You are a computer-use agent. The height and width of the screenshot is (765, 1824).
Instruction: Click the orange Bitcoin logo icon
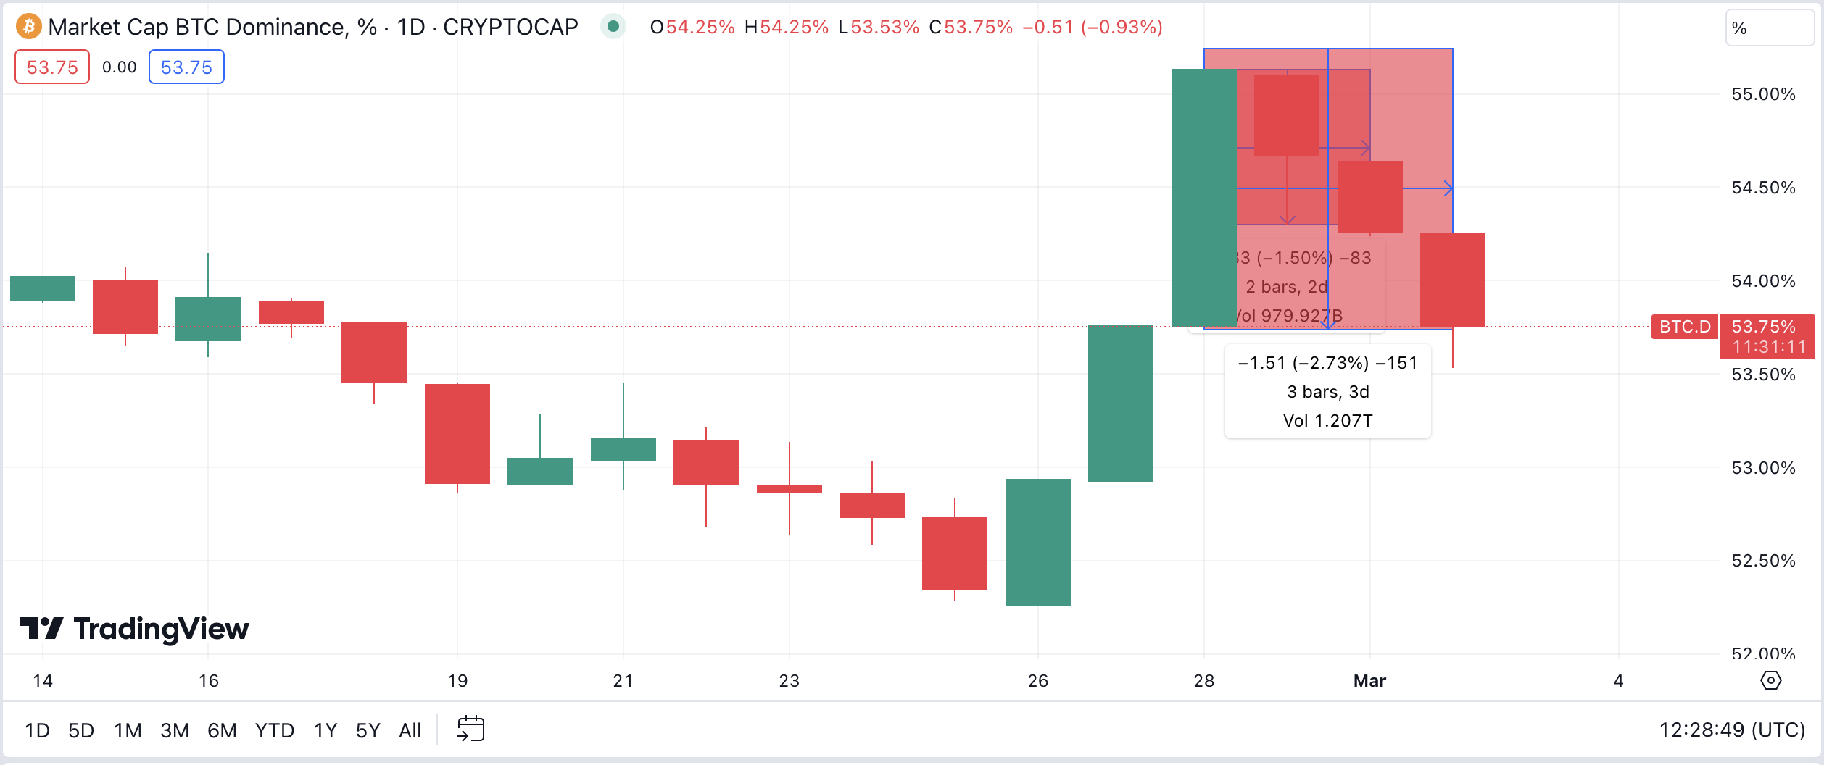pyautogui.click(x=28, y=27)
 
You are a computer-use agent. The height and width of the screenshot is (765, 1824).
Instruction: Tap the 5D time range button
pyautogui.click(x=81, y=730)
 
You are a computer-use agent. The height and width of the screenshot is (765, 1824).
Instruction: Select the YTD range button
pyautogui.click(x=274, y=730)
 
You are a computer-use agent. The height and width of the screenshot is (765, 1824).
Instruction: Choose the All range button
pyautogui.click(x=410, y=730)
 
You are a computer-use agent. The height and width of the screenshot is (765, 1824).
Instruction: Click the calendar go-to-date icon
pyautogui.click(x=470, y=729)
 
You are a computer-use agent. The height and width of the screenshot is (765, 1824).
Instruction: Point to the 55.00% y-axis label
pyautogui.click(x=1763, y=94)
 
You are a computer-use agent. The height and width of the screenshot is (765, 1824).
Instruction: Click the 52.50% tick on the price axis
pyautogui.click(x=1763, y=561)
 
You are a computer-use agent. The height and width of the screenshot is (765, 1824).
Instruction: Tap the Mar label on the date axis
pyautogui.click(x=1369, y=681)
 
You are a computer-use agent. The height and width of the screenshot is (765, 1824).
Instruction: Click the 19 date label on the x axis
pyautogui.click(x=457, y=681)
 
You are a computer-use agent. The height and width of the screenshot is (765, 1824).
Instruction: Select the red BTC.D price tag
pyautogui.click(x=1685, y=327)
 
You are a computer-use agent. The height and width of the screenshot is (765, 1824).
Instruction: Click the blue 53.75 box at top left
pyautogui.click(x=186, y=67)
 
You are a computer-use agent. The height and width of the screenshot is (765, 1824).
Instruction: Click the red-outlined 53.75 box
pyautogui.click(x=52, y=67)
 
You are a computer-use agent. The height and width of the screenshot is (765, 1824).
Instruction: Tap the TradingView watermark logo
pyautogui.click(x=135, y=629)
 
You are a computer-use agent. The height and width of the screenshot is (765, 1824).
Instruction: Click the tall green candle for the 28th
pyautogui.click(x=1203, y=197)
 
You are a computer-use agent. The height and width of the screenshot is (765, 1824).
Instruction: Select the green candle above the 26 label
pyautogui.click(x=1037, y=542)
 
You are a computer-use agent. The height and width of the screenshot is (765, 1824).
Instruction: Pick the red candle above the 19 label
pyautogui.click(x=457, y=433)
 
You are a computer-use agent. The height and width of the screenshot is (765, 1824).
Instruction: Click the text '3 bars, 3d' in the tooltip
pyautogui.click(x=1327, y=392)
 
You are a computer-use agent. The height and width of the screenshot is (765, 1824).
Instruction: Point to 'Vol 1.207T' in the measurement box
pyautogui.click(x=1327, y=421)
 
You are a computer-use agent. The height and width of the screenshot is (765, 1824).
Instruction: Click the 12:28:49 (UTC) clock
pyautogui.click(x=1732, y=730)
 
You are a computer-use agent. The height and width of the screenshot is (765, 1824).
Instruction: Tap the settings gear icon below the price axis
pyautogui.click(x=1770, y=681)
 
